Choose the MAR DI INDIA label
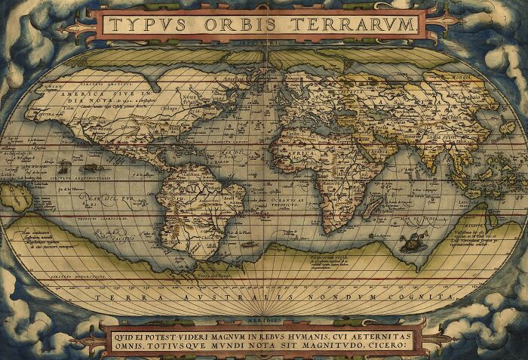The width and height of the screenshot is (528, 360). (431, 219)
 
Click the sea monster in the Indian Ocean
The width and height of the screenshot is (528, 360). (412, 242)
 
